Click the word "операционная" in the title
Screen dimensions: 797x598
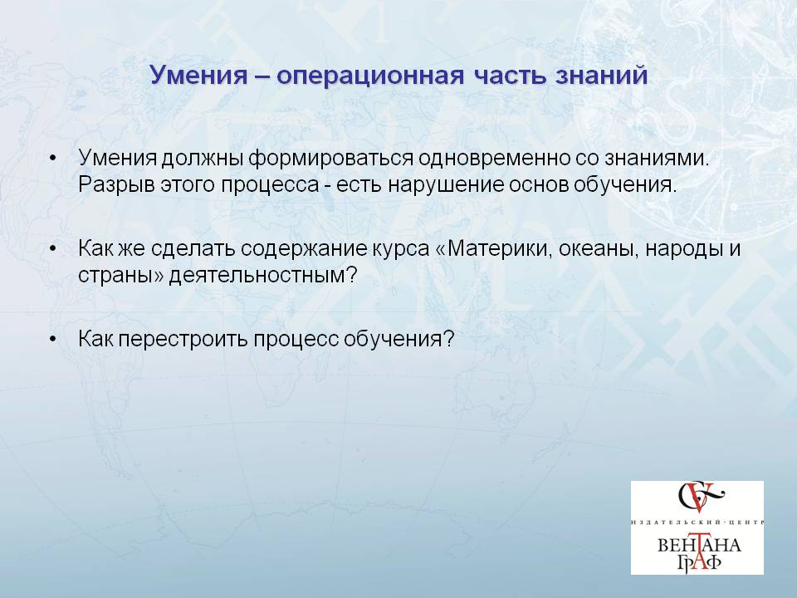[371, 76]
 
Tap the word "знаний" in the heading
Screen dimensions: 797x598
[601, 75]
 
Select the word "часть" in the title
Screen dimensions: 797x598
[510, 76]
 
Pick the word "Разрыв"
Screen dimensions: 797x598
[116, 184]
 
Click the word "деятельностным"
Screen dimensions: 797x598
[263, 276]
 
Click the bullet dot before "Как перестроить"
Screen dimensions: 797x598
[53, 339]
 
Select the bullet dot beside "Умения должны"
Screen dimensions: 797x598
[53, 158]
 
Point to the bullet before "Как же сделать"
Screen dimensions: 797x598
[53, 248]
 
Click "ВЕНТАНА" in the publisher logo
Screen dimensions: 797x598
[699, 546]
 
